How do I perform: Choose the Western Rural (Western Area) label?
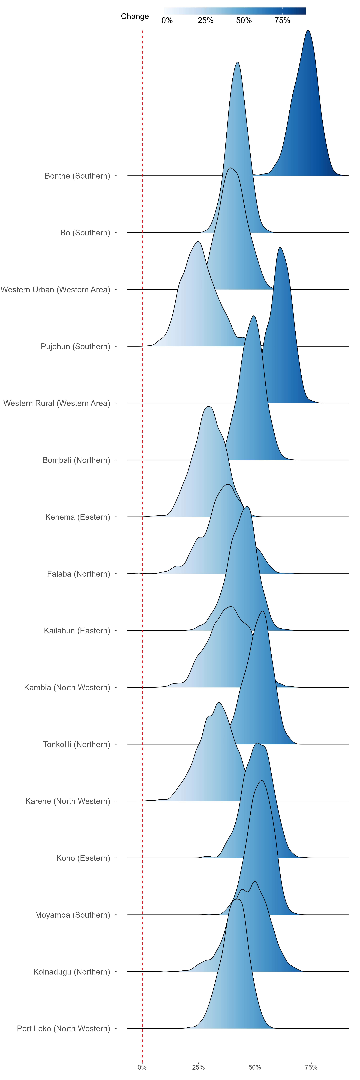point(57,403)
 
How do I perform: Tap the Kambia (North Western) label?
point(67,688)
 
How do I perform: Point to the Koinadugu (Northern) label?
point(72,972)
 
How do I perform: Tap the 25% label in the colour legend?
point(205,21)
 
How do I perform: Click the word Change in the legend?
point(135,16)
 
